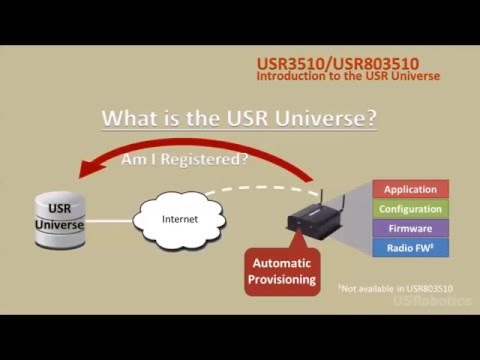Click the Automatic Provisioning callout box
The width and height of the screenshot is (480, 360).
click(x=282, y=269)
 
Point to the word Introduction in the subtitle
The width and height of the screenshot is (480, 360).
click(x=290, y=75)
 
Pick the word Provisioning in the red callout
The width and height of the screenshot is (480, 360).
click(x=282, y=279)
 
